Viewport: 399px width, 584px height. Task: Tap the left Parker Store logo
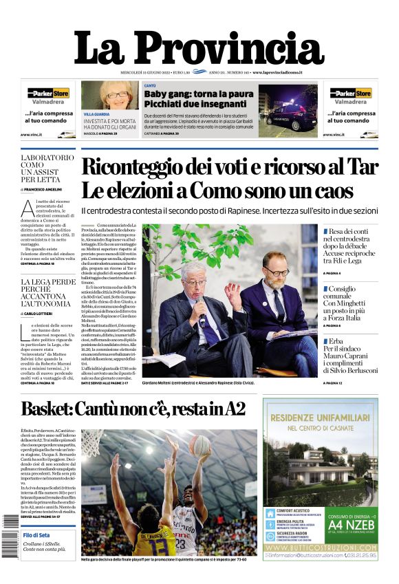(x=47, y=93)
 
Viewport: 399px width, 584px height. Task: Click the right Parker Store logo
(x=350, y=93)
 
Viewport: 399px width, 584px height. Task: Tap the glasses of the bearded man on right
(x=275, y=272)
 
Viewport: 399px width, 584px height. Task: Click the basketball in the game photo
(x=200, y=445)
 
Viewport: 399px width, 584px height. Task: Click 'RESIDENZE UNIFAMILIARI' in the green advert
(x=320, y=418)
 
